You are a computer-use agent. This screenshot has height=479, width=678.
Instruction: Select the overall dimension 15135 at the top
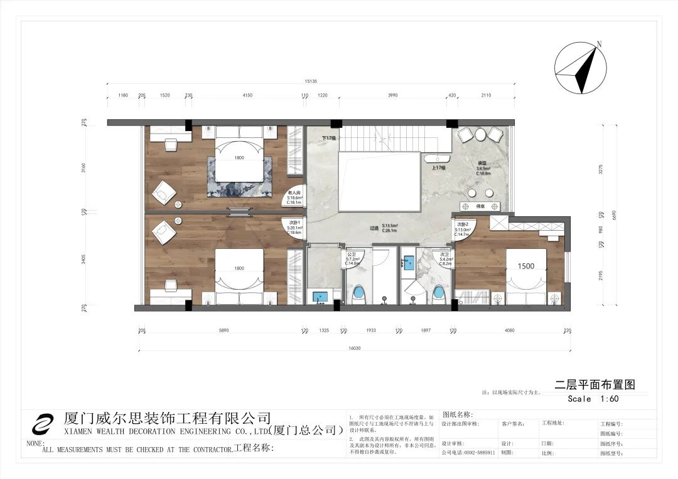[311, 81]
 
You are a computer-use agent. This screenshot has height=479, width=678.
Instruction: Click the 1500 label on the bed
[525, 266]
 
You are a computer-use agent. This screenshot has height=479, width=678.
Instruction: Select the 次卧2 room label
[463, 224]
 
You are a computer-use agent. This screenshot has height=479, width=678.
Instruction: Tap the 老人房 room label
[294, 193]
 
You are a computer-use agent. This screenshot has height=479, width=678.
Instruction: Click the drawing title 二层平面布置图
[591, 384]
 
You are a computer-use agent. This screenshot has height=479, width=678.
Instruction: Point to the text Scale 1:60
[593, 399]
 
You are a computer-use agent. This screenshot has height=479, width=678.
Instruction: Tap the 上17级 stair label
[438, 168]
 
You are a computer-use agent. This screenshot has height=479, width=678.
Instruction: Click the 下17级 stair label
[329, 138]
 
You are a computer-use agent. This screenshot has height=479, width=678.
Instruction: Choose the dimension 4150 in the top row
[247, 95]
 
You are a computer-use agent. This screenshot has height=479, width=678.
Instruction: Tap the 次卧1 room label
[294, 223]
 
